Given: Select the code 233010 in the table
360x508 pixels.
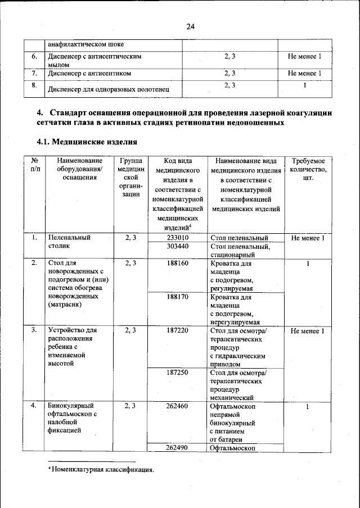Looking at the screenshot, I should pyautogui.click(x=178, y=238).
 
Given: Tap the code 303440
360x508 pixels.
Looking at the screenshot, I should pyautogui.click(x=178, y=246).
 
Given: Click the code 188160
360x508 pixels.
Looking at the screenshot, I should pyautogui.click(x=178, y=262).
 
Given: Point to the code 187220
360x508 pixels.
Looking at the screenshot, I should pyautogui.click(x=178, y=331).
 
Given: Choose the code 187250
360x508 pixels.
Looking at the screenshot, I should pyautogui.click(x=178, y=372).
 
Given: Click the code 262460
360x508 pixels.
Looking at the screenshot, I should pyautogui.click(x=178, y=406).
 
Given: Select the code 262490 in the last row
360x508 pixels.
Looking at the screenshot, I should pyautogui.click(x=178, y=448).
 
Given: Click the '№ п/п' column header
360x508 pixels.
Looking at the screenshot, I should pyautogui.click(x=35, y=165).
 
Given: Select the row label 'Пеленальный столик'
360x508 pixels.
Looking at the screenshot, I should pyautogui.click(x=70, y=242).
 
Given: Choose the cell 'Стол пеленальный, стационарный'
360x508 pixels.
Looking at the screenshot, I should pyautogui.click(x=240, y=250).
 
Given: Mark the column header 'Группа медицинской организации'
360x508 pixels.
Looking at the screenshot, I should pyautogui.click(x=130, y=178).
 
